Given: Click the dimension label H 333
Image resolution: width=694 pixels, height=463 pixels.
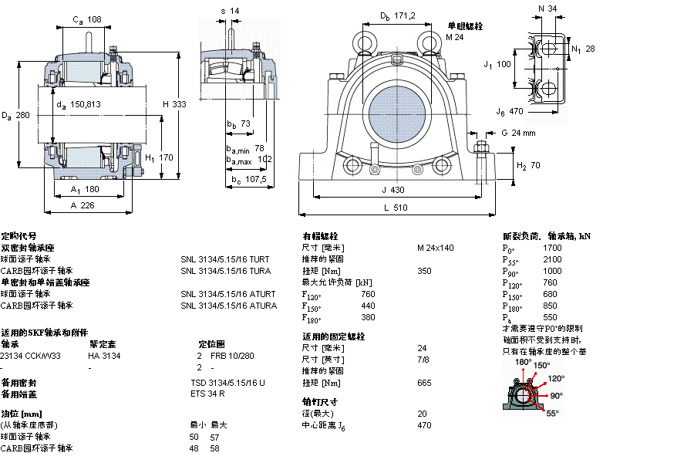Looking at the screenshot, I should point(174,104).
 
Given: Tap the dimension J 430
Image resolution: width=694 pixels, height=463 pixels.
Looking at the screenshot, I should point(392,189).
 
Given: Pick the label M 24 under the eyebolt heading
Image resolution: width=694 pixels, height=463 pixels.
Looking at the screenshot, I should point(455,37).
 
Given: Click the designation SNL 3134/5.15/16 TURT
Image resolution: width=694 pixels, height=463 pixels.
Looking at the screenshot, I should point(225,259).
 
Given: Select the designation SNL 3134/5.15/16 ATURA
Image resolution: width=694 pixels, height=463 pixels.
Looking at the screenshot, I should point(228,306).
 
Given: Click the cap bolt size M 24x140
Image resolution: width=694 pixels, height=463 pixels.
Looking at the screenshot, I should point(436,248).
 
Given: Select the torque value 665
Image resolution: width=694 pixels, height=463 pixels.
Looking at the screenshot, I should point(424,383).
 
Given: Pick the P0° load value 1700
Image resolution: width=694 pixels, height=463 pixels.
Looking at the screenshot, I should point(552,248).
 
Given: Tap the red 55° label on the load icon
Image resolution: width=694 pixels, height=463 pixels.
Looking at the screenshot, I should point(552,414).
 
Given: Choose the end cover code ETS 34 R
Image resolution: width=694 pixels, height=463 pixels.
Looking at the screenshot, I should point(208,394).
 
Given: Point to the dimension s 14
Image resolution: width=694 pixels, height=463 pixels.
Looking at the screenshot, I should point(230,11).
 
